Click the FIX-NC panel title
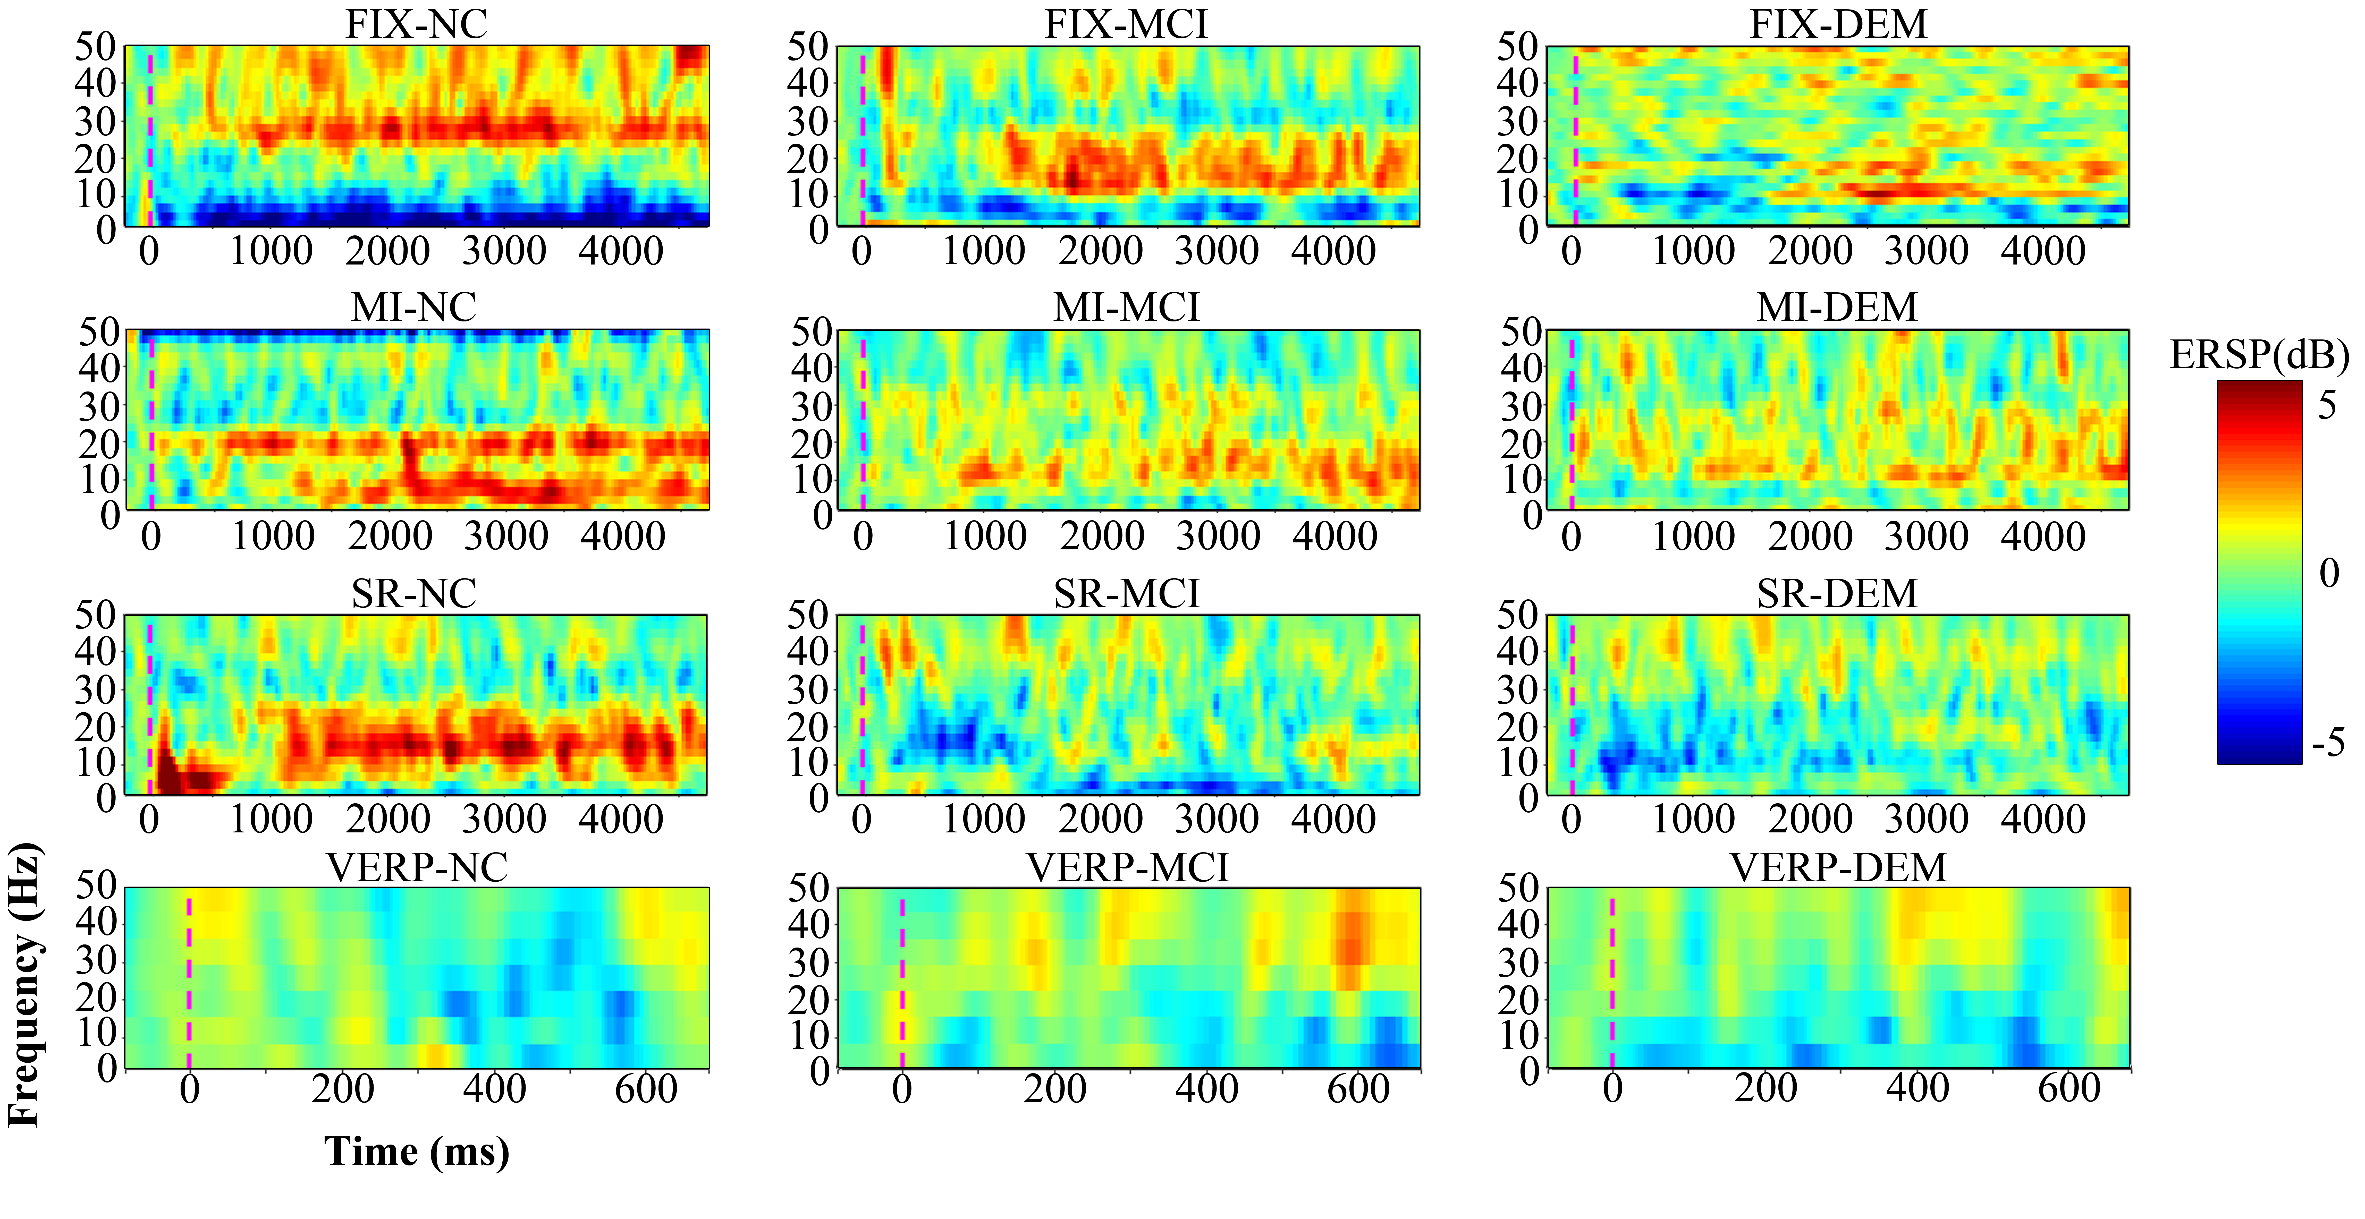(x=416, y=25)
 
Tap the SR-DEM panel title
(x=1837, y=594)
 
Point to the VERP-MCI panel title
(x=1127, y=867)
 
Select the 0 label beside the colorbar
(x=2329, y=574)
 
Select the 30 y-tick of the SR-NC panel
(x=96, y=689)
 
